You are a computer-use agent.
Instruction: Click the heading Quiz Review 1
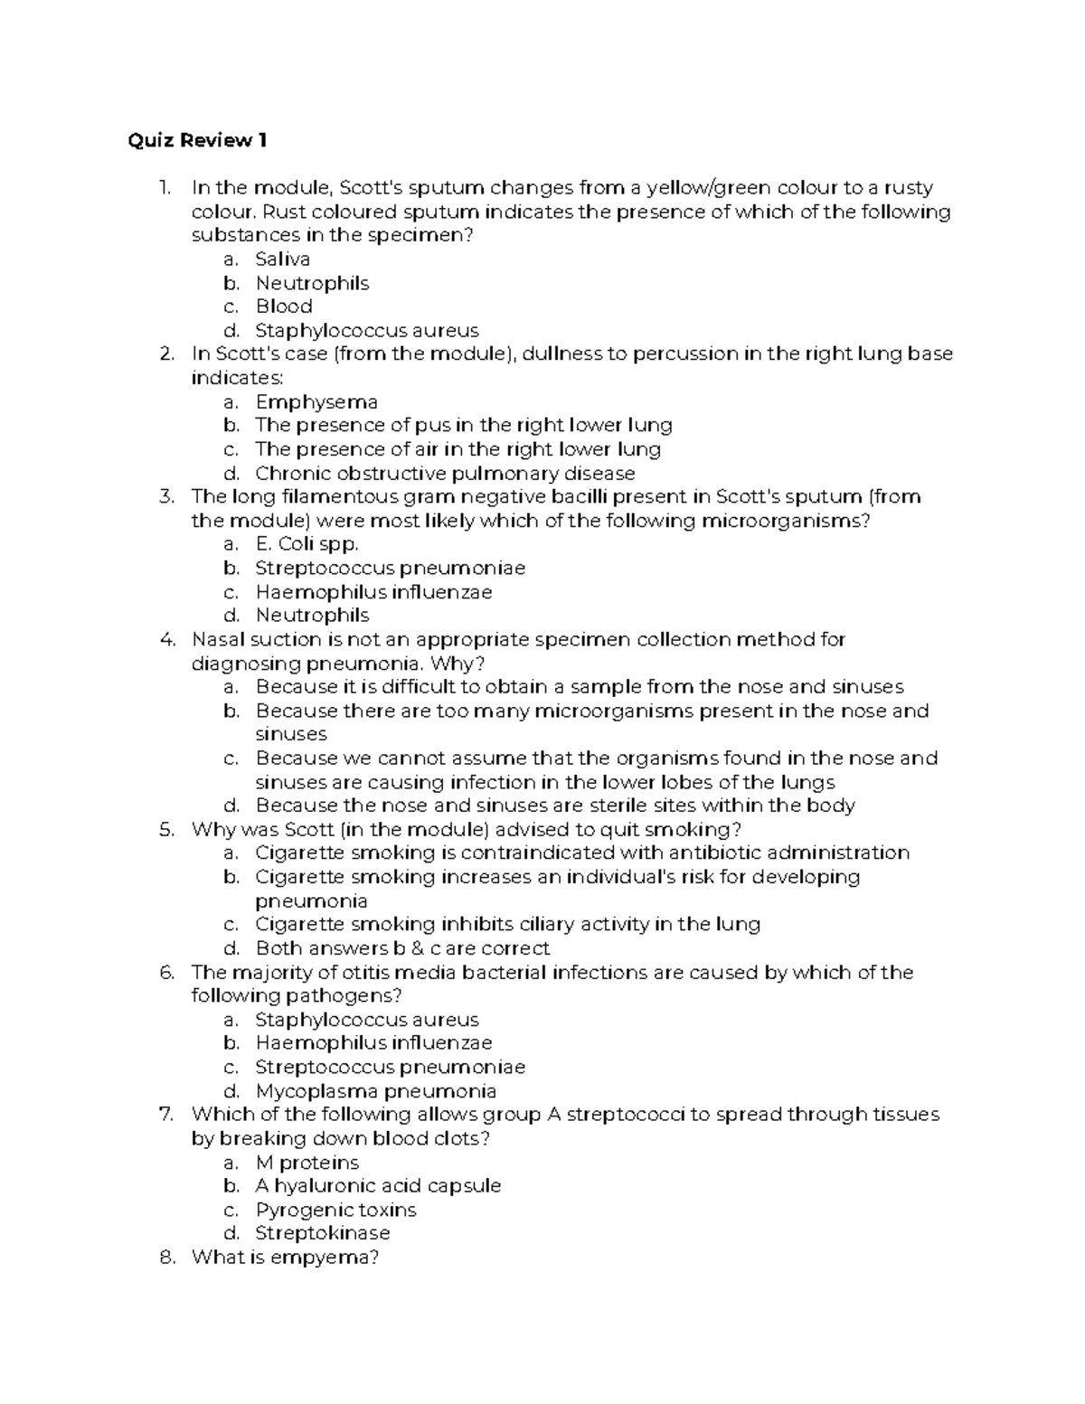pyautogui.click(x=197, y=140)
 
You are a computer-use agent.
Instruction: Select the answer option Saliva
pyautogui.click(x=282, y=259)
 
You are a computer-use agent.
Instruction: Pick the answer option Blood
pyautogui.click(x=284, y=306)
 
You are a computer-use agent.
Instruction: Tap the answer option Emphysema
pyautogui.click(x=316, y=401)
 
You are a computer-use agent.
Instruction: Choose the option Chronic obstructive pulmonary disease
pyautogui.click(x=445, y=473)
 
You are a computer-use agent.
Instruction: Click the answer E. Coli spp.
pyautogui.click(x=307, y=544)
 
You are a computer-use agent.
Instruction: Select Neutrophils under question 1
pyautogui.click(x=312, y=283)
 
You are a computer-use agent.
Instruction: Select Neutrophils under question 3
pyautogui.click(x=312, y=616)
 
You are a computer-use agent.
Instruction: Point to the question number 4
pyautogui.click(x=166, y=640)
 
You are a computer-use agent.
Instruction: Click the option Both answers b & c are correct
pyautogui.click(x=402, y=948)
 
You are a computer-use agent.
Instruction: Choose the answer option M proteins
pyautogui.click(x=307, y=1163)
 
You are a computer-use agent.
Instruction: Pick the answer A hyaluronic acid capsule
pyautogui.click(x=378, y=1186)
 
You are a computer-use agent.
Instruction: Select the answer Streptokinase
pyautogui.click(x=323, y=1233)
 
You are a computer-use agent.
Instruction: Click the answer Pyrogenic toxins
pyautogui.click(x=335, y=1210)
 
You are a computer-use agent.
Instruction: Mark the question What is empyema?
pyautogui.click(x=285, y=1258)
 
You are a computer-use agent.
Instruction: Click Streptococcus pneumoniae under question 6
pyautogui.click(x=390, y=1068)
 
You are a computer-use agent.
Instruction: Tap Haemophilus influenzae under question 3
pyautogui.click(x=373, y=592)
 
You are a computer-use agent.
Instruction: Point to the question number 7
pyautogui.click(x=166, y=1115)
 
